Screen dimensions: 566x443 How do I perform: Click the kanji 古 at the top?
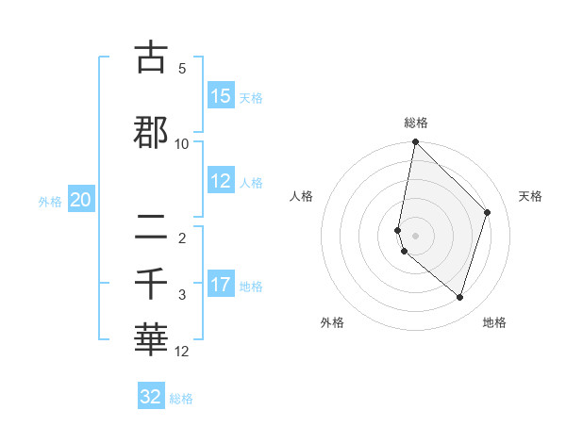pyautogui.click(x=151, y=57)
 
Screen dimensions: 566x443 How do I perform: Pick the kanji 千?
pyautogui.click(x=151, y=283)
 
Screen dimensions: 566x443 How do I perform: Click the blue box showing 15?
pyautogui.click(x=221, y=96)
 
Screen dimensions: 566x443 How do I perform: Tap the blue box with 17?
pyautogui.click(x=221, y=285)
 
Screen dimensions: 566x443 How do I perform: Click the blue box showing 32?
pyautogui.click(x=151, y=397)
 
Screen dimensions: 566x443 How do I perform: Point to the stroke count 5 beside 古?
pyautogui.click(x=182, y=69)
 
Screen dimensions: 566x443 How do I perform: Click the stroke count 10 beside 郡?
pyautogui.click(x=182, y=144)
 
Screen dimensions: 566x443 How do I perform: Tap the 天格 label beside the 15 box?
pyautogui.click(x=251, y=98)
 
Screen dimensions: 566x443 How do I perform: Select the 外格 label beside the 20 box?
pyautogui.click(x=50, y=201)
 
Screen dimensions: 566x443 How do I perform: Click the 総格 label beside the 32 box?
pyautogui.click(x=181, y=399)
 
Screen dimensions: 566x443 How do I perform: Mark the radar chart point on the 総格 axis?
pyautogui.click(x=415, y=142)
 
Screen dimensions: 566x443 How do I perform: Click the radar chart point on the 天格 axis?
pyautogui.click(x=488, y=212)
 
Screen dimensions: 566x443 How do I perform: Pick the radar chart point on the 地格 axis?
pyautogui.click(x=459, y=297)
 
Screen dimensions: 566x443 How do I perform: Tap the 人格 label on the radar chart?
pyautogui.click(x=302, y=196)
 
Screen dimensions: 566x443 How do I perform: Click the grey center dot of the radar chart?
pyautogui.click(x=415, y=235)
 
